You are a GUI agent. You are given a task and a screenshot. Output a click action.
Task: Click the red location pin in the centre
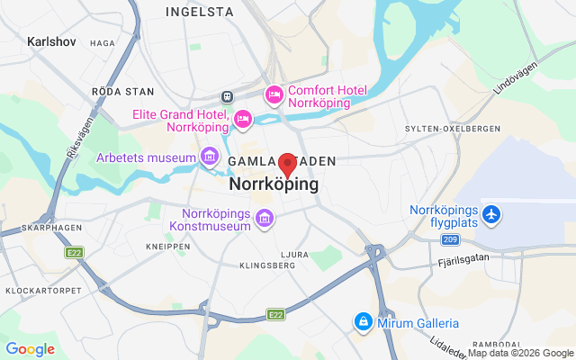287,165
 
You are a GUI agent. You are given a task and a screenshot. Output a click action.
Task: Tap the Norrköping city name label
274,184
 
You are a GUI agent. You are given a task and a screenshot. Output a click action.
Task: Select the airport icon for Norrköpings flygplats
491,215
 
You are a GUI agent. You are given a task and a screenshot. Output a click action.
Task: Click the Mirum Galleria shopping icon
362,321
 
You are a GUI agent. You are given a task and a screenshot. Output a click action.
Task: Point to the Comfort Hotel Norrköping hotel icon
274,94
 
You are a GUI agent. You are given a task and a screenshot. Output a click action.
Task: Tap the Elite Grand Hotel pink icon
242,118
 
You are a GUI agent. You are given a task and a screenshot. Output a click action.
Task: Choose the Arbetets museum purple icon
210,158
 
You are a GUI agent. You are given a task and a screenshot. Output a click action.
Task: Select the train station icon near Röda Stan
229,96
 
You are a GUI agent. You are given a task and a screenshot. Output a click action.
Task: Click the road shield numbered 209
451,238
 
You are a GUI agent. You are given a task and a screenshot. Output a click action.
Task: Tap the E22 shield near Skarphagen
74,253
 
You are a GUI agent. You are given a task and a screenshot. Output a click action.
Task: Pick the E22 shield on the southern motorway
275,314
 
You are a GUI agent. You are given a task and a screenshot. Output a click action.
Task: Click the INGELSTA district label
200,13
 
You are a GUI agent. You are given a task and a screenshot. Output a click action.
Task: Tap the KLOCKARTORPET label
43,291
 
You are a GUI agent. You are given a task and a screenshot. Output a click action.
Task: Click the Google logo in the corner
30,349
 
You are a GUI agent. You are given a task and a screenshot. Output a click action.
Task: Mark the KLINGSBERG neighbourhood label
267,265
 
